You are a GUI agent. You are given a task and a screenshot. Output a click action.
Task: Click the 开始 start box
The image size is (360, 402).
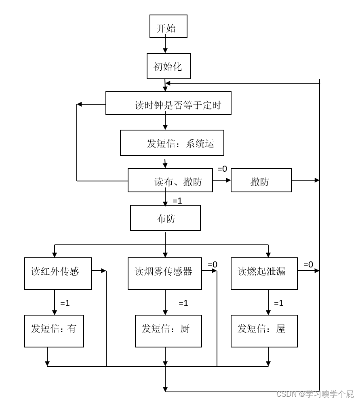point(168,26)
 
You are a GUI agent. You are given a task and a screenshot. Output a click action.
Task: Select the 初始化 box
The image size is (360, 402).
point(169,66)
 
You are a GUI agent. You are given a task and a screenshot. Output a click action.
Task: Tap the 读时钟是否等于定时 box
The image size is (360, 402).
point(168,103)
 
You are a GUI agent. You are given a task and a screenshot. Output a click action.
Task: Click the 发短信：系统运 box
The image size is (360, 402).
point(172,143)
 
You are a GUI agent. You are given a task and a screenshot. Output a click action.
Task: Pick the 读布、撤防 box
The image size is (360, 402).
point(170,180)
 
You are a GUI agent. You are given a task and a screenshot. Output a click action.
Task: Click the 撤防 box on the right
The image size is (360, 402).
point(261,180)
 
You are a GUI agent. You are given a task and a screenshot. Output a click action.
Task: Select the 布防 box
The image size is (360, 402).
point(165,218)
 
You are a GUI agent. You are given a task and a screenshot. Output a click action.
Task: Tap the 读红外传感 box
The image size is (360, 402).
point(58,274)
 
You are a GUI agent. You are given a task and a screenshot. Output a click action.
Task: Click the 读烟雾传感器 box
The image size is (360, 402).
point(164,274)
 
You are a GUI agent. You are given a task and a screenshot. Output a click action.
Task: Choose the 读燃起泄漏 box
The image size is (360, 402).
point(264,274)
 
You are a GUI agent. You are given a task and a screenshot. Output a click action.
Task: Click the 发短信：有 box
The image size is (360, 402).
point(54,331)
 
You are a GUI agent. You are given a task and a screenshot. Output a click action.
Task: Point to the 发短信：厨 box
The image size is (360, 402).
point(168,331)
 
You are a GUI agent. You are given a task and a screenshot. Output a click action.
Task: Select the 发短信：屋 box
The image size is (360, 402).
point(264,331)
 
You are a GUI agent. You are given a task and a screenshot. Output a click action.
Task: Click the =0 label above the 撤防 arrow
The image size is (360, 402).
point(222,169)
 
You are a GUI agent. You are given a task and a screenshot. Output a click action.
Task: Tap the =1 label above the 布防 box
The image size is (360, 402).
point(177,200)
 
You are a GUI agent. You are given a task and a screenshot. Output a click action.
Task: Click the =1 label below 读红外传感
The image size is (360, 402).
point(65,303)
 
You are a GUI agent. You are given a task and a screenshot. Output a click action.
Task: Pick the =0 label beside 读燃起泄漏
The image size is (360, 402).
point(308,264)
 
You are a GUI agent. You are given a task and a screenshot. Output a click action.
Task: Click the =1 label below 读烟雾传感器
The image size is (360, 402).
point(183,303)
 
